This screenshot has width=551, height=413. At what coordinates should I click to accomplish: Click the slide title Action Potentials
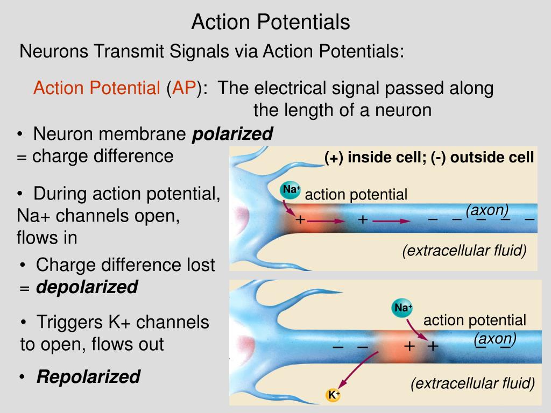tap(271, 22)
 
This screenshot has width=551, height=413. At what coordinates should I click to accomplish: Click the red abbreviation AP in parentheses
tap(183, 88)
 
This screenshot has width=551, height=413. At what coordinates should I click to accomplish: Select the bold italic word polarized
tap(232, 133)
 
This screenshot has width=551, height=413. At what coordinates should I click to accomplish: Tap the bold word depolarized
tap(87, 287)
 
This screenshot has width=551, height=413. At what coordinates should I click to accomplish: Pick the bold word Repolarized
tap(88, 377)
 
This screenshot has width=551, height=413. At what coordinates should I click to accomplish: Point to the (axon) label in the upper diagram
tap(487, 210)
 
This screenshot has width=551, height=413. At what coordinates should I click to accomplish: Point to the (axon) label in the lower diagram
tap(495, 339)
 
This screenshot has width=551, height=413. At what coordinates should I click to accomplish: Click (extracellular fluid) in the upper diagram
tap(464, 251)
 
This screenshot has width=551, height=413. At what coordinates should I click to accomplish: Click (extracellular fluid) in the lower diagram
tap(473, 383)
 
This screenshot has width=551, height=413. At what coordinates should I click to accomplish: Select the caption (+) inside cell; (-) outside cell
tap(429, 158)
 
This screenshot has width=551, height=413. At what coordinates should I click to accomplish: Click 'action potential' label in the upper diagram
tap(356, 195)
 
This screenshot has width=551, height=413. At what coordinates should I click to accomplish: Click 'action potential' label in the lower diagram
tap(475, 321)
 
